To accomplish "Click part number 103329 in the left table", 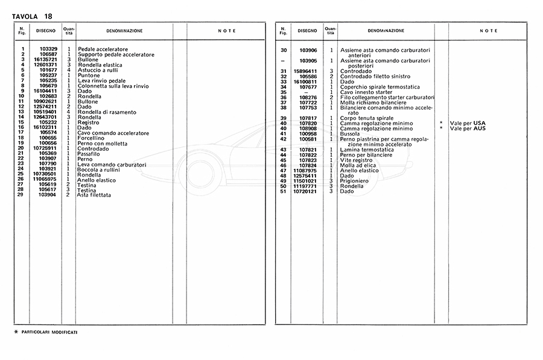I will pos(48,49).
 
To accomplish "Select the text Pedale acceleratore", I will pos(102,49).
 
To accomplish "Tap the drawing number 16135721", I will pos(45,60).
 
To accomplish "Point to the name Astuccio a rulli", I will pos(97,70).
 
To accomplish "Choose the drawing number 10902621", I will pos(45,101).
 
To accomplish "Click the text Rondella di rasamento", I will pos(106,112).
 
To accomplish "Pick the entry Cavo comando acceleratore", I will pos(110,133).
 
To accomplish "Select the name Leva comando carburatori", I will pos(111,164).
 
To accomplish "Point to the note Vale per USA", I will pos(472,123).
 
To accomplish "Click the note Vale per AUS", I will pos(472,128).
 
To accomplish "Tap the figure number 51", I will pos(283,191).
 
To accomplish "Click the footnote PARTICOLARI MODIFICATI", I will pos(49,332).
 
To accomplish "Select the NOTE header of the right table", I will pos(489,31).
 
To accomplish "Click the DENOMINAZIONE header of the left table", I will pos(124,30).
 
